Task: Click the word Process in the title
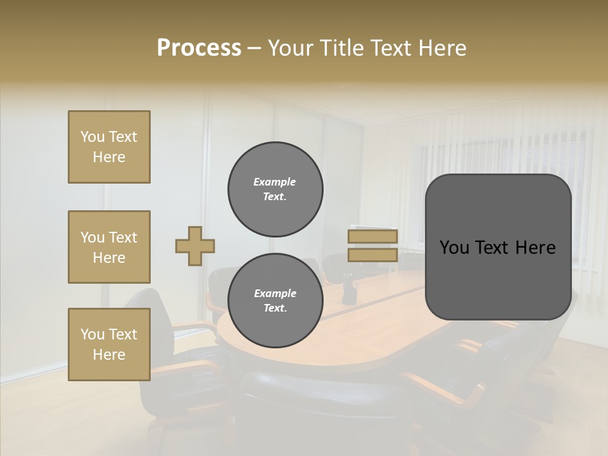[199, 48]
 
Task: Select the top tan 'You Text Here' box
[109, 147]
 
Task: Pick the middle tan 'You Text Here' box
[109, 247]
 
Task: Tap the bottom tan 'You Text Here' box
[109, 345]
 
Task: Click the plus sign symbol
[195, 246]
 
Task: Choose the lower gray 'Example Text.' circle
[275, 300]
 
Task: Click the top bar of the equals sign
[372, 237]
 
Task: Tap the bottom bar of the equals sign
[372, 255]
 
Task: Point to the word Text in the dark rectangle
[497, 248]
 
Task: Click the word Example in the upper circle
[275, 182]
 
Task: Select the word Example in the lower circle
[275, 293]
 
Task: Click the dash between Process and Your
[255, 48]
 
